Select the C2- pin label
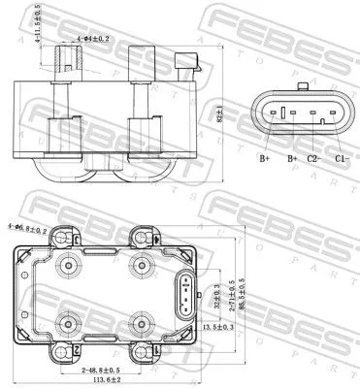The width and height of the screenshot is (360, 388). (313, 157)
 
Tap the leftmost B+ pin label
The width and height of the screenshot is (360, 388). (264, 157)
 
